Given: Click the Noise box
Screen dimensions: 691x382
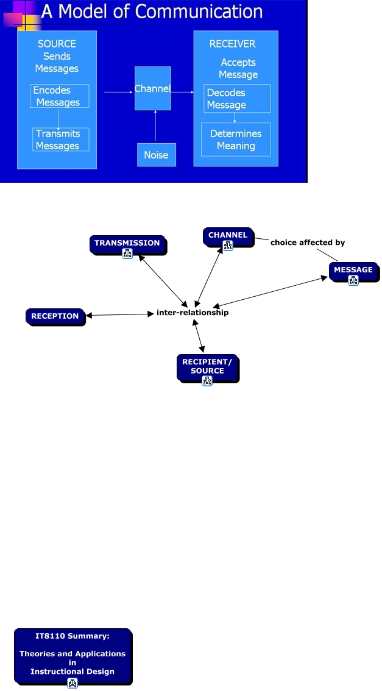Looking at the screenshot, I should pyautogui.click(x=157, y=155).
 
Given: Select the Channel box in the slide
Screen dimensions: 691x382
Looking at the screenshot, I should pyautogui.click(x=152, y=89).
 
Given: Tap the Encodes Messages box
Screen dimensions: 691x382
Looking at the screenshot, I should pyautogui.click(x=60, y=96).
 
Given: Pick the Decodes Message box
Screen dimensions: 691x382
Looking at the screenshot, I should pyautogui.click(x=237, y=99).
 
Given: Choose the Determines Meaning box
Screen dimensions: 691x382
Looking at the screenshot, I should pyautogui.click(x=236, y=140).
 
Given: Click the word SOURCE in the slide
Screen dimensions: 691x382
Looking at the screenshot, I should pyautogui.click(x=57, y=44).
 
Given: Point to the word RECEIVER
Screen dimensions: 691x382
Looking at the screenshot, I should pyautogui.click(x=233, y=44).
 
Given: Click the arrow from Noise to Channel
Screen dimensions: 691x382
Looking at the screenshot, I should pyautogui.click(x=156, y=127).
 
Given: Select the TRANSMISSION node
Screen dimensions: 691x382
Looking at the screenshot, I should pyautogui.click(x=127, y=243).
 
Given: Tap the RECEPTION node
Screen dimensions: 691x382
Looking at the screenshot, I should pyautogui.click(x=55, y=316).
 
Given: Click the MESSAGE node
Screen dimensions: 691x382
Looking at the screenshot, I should pyautogui.click(x=353, y=270).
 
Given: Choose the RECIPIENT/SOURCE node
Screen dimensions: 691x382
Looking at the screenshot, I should pyautogui.click(x=207, y=366).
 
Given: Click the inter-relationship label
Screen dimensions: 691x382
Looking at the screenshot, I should pyautogui.click(x=192, y=313).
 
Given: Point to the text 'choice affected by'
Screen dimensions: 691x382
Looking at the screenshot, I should pyautogui.click(x=308, y=243).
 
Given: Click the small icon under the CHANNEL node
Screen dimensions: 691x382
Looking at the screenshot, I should pyautogui.click(x=228, y=246).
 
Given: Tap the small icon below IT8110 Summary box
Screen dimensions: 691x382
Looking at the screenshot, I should pyautogui.click(x=73, y=684).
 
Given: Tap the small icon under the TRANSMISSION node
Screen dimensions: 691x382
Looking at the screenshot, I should pyautogui.click(x=127, y=253).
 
